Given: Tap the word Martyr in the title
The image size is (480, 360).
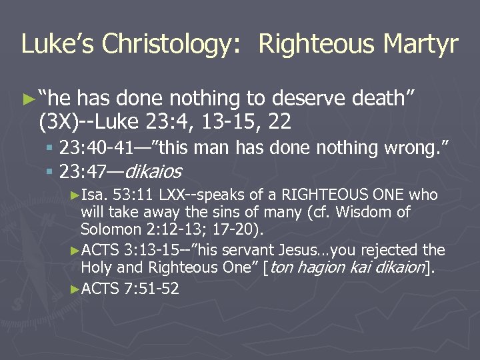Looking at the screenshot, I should coord(420,44).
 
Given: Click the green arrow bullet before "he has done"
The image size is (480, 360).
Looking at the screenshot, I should coord(27,99).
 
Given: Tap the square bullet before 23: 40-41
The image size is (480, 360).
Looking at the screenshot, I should coord(51,148).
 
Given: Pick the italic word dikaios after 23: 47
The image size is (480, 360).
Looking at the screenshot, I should coord(153,172).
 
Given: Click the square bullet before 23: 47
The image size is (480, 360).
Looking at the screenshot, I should coord(51,173).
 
